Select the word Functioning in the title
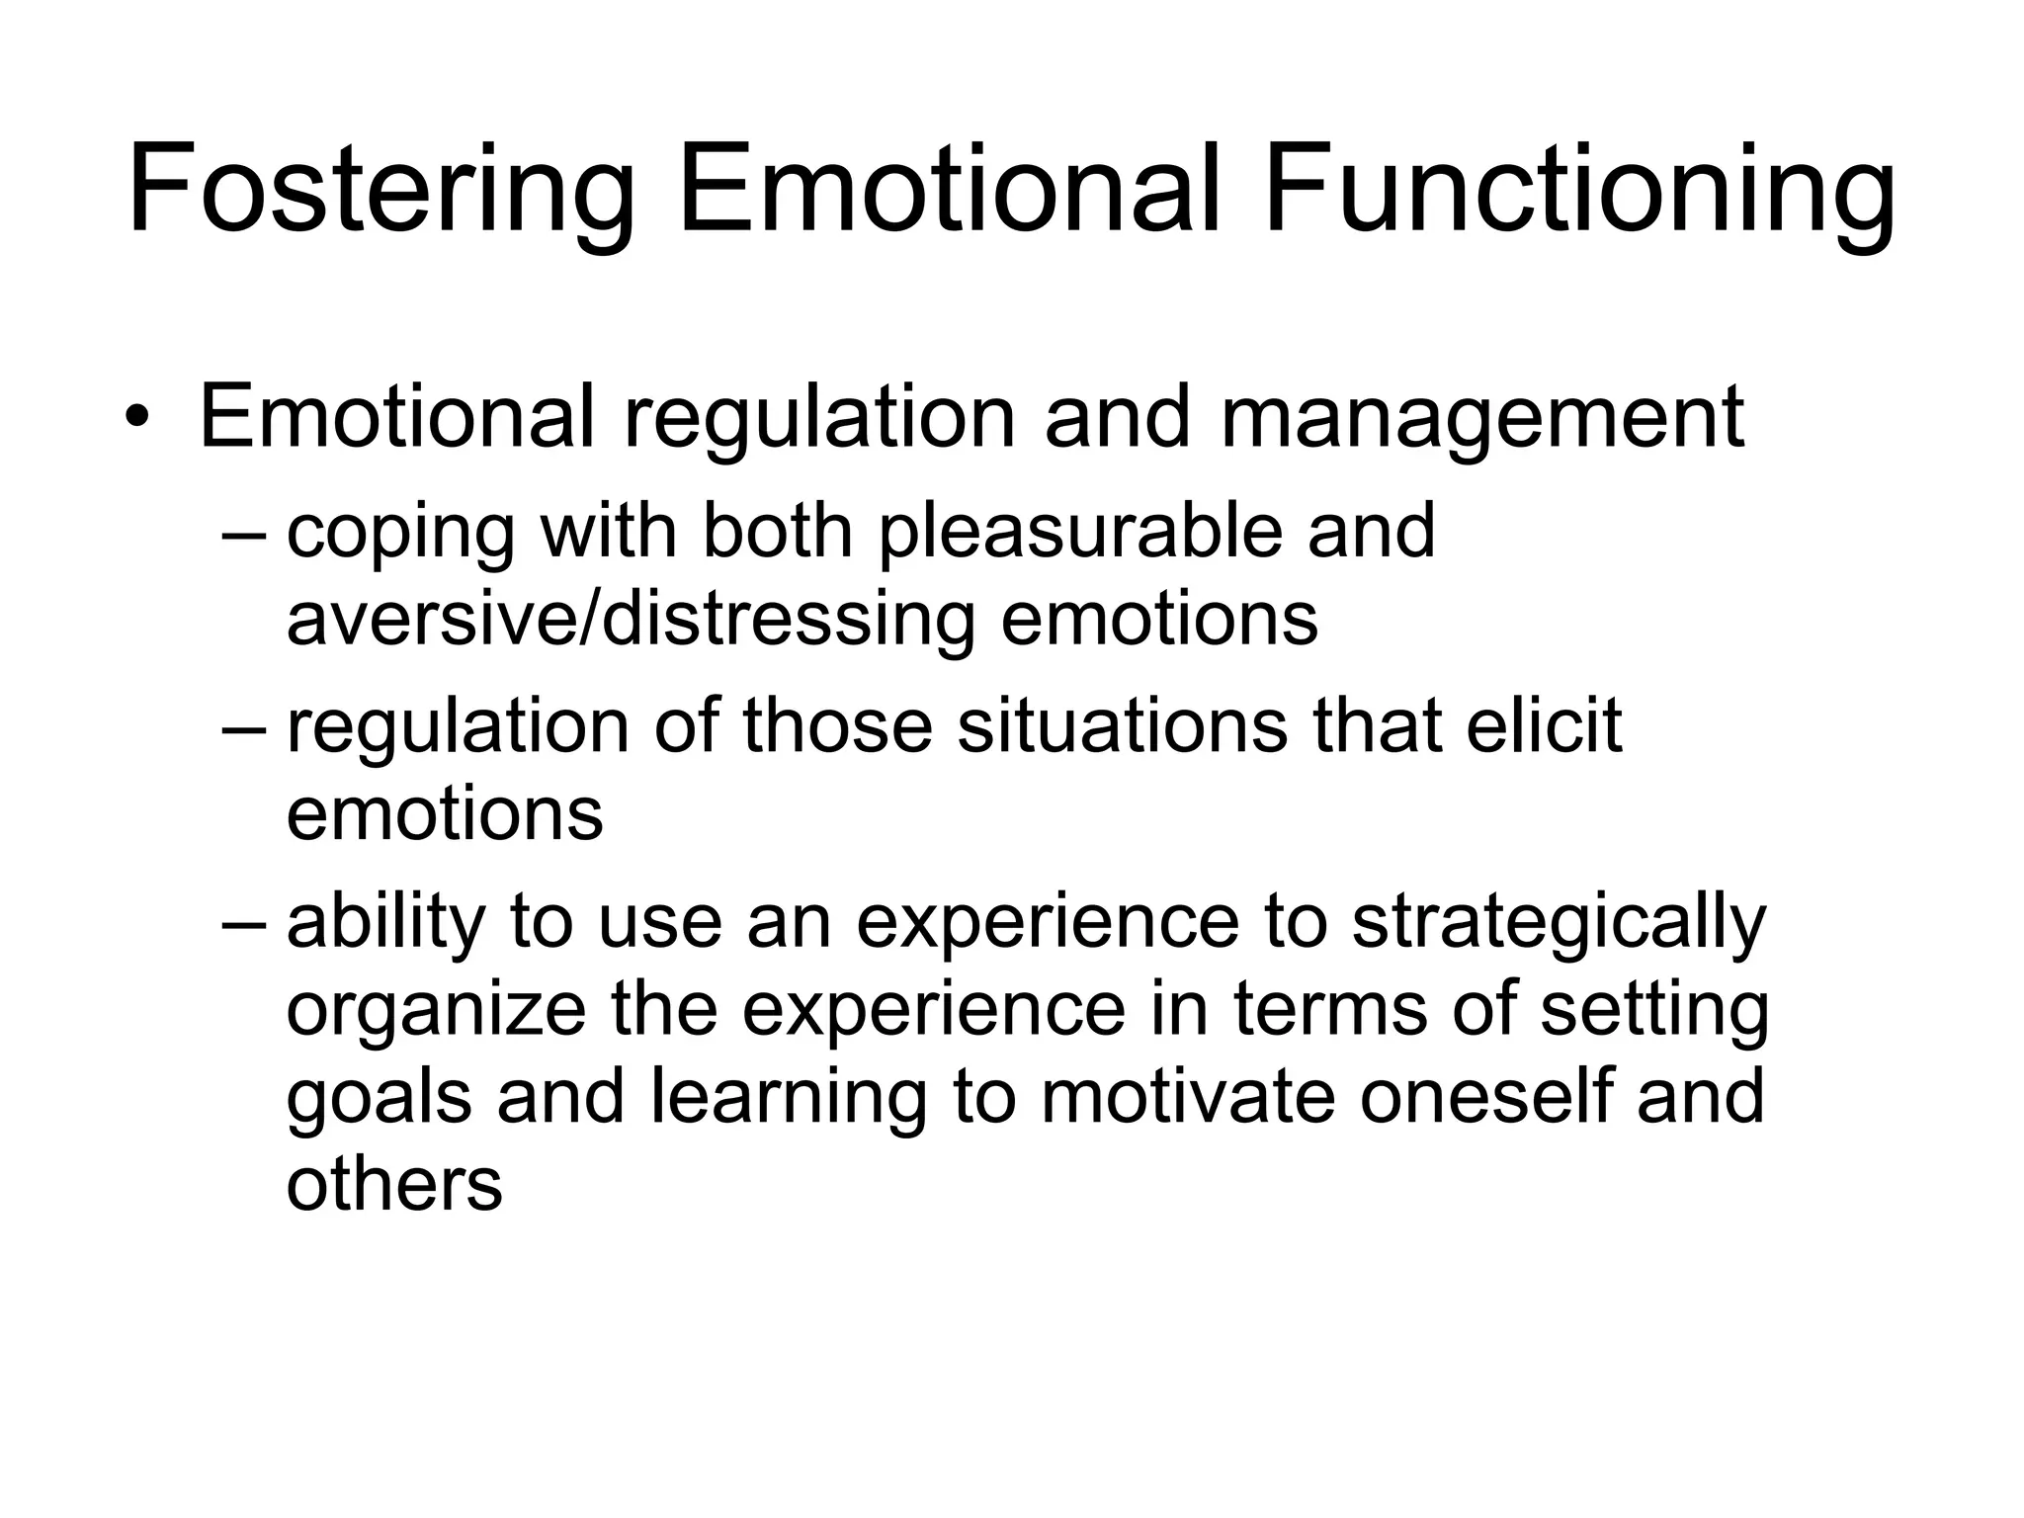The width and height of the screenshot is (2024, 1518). click(1578, 190)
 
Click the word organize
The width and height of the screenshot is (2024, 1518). click(436, 1012)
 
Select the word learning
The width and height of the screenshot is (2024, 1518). click(789, 1099)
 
